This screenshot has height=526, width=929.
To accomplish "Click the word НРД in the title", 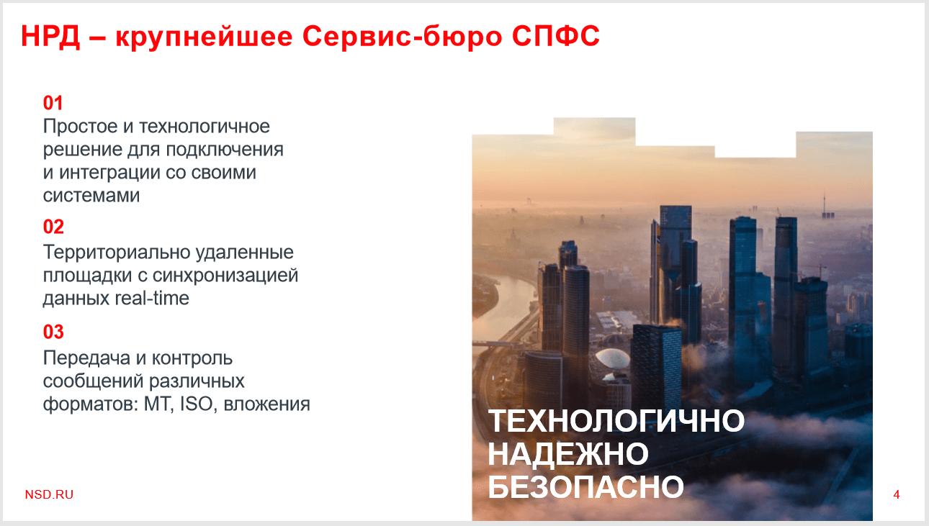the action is (x=50, y=36).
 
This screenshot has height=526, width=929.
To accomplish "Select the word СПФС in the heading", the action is (x=555, y=36).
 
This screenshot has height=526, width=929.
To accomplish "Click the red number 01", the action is (x=53, y=103).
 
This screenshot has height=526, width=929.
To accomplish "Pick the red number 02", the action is (x=53, y=227).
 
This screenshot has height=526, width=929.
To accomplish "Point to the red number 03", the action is (x=53, y=332).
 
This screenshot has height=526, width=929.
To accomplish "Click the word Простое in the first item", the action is (x=80, y=127).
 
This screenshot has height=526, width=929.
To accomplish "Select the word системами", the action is (x=91, y=196).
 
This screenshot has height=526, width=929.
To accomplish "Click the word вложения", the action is (x=266, y=404).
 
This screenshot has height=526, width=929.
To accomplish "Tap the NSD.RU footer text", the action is (x=49, y=494).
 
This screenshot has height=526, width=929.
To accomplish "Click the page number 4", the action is (x=897, y=494).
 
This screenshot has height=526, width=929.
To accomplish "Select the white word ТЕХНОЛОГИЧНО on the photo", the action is (x=616, y=421).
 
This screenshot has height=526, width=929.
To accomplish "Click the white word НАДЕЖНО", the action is (x=568, y=454).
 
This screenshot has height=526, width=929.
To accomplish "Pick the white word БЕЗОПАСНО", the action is (x=585, y=487).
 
